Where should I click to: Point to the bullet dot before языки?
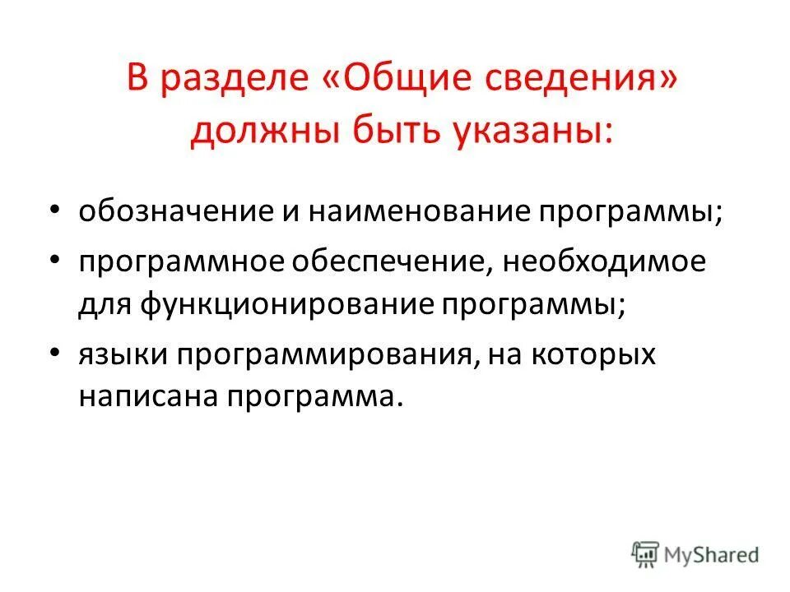tap(55, 353)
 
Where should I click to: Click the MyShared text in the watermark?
tap(713, 555)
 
